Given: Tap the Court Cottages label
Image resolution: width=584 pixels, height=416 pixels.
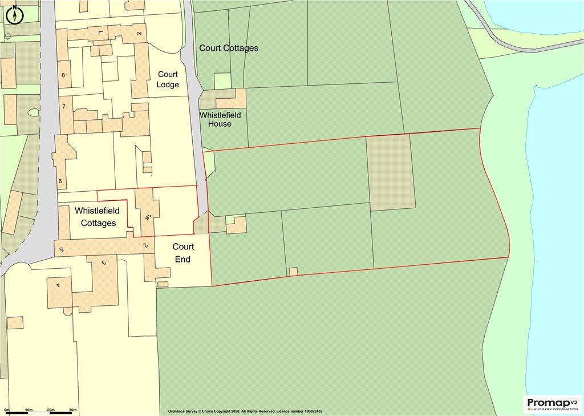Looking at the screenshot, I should pyautogui.click(x=228, y=48).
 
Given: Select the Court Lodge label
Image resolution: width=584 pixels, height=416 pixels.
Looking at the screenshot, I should pyautogui.click(x=168, y=79).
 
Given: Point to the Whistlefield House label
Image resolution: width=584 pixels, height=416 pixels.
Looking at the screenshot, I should pyautogui.click(x=220, y=119).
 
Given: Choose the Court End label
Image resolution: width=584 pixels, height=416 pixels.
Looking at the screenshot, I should pyautogui.click(x=183, y=253).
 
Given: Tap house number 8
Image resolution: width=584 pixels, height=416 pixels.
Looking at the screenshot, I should pyautogui.click(x=63, y=75).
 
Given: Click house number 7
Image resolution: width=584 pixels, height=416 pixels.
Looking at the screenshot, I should pyautogui.click(x=64, y=107).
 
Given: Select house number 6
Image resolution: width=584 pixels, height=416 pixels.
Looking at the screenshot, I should pyautogui.click(x=60, y=181).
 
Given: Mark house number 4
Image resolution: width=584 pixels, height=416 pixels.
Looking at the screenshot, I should pyautogui.click(x=58, y=285).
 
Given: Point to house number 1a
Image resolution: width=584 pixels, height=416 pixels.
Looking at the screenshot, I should pyautogui.click(x=147, y=216).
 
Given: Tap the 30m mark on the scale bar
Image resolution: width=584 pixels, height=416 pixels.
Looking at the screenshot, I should pyautogui.click(x=72, y=410).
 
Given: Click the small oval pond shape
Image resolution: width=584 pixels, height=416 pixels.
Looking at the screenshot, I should pyautogui.click(x=33, y=113).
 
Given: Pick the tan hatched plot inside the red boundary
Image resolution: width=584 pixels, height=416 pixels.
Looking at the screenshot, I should pyautogui.click(x=390, y=172).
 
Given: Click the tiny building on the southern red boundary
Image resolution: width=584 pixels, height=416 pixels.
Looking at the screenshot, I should pyautogui.click(x=293, y=272).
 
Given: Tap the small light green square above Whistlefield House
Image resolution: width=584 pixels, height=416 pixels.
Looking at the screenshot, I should pyautogui.click(x=222, y=81).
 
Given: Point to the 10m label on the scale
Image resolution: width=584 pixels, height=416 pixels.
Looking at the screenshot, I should pyautogui.click(x=29, y=410).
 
